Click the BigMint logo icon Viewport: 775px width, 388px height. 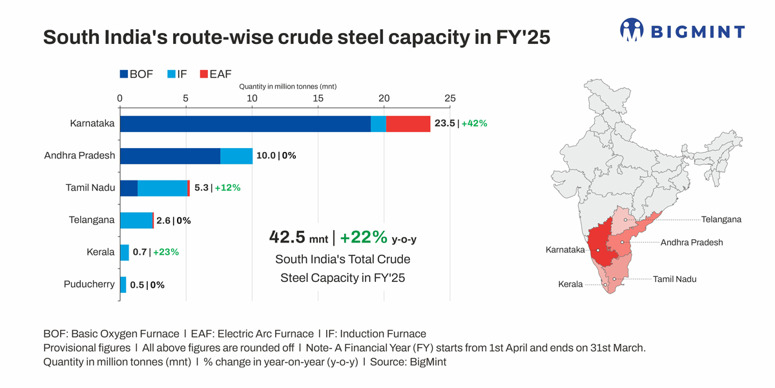tap(632, 30)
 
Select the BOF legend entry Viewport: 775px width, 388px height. tap(136, 74)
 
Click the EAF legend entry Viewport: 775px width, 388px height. tap(216, 74)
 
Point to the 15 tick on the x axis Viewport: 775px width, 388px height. tap(318, 98)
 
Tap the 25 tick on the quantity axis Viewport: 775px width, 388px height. tap(450, 98)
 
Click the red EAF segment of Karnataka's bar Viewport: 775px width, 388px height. tap(408, 124)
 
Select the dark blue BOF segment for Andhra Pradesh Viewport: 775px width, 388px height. tap(170, 156)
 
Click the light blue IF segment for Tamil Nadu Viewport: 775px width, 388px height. tap(162, 188)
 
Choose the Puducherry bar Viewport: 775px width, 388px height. tap(123, 285)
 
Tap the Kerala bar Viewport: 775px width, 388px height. tap(124, 252)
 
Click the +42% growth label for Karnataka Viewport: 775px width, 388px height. tap(474, 124)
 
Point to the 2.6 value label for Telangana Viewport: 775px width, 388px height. tap(164, 221)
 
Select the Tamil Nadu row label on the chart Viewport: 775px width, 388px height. tap(90, 188)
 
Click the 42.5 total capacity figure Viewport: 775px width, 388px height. tap(287, 237)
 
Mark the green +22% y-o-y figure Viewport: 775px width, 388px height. tap(364, 237)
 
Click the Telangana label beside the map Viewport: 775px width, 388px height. tap(721, 220)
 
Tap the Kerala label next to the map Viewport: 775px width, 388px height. tap(570, 285)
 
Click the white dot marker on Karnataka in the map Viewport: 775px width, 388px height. tap(599, 250)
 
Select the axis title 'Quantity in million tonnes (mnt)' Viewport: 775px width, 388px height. tap(285, 86)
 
